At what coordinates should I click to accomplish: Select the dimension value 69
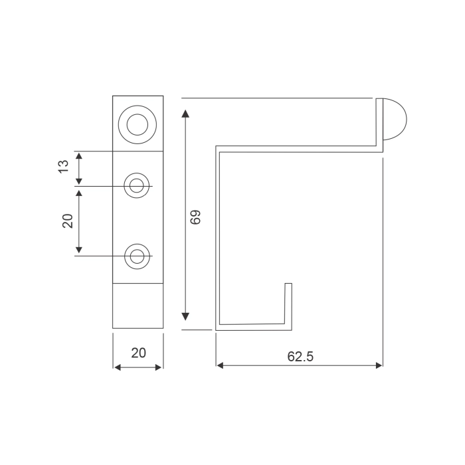click(x=195, y=217)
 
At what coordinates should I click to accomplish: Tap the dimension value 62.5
click(x=300, y=356)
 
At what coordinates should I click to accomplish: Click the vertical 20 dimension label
click(x=68, y=221)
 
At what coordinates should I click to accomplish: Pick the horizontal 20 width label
click(x=138, y=353)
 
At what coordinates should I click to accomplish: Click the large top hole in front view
click(x=138, y=124)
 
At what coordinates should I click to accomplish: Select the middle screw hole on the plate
click(x=138, y=186)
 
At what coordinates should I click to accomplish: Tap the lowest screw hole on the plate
click(x=138, y=256)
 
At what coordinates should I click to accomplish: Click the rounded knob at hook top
click(x=395, y=119)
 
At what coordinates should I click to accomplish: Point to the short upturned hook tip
click(x=288, y=302)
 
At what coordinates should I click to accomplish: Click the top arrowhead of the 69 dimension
click(x=186, y=114)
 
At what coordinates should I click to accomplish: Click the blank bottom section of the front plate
click(x=138, y=306)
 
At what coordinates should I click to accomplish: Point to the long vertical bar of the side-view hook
click(x=217, y=239)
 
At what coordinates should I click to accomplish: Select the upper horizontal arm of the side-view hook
click(x=299, y=148)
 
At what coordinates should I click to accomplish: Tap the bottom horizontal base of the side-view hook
click(x=252, y=327)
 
